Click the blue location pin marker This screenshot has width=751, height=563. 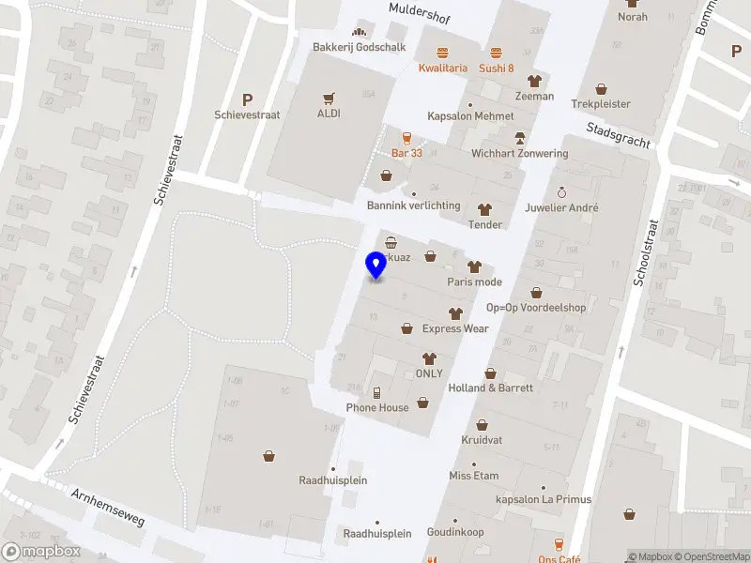[376, 265]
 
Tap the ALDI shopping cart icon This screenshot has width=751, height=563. [329, 98]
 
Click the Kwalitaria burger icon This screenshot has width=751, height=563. [442, 52]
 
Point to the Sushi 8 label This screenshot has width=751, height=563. [497, 68]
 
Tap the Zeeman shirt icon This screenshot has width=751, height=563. [534, 81]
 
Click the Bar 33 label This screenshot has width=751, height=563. [406, 152]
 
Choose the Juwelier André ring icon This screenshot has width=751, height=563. [562, 191]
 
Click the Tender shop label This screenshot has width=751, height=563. [485, 224]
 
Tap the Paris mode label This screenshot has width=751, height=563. [474, 281]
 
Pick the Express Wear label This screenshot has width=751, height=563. [455, 328]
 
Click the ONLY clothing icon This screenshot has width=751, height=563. [429, 358]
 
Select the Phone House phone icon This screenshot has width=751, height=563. [376, 392]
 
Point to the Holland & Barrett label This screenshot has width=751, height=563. [491, 388]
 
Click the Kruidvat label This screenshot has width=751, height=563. [483, 439]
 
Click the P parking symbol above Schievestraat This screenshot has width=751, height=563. [248, 99]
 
